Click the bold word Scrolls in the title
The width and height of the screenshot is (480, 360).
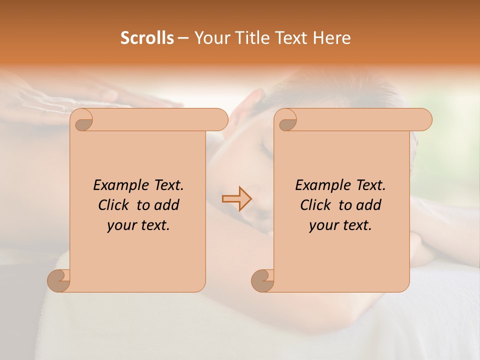(147, 38)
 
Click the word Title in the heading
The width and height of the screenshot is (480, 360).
(248, 38)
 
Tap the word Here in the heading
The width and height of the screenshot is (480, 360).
(332, 38)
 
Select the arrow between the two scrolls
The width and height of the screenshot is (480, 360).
(237, 199)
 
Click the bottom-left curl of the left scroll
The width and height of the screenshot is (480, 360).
(59, 280)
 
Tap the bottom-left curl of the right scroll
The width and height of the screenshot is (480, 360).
(263, 280)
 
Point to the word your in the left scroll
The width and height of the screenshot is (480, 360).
(120, 225)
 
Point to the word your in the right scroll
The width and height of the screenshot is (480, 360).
(322, 225)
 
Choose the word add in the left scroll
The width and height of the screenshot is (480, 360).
(167, 205)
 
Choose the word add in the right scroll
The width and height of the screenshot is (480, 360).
(369, 205)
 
